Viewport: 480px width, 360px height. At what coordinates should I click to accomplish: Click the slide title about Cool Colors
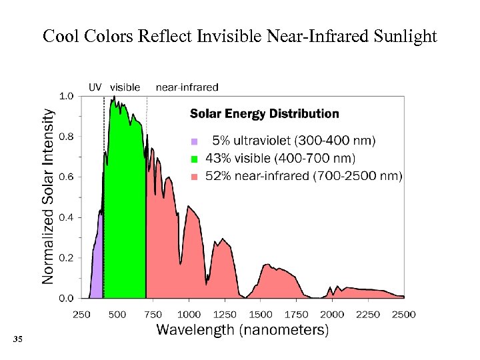pyautogui.click(x=240, y=36)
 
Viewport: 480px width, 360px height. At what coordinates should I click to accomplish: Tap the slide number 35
pyautogui.click(x=18, y=341)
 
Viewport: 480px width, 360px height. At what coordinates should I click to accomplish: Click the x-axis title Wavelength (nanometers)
pyautogui.click(x=242, y=330)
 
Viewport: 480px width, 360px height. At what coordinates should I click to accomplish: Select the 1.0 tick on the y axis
pyautogui.click(x=67, y=96)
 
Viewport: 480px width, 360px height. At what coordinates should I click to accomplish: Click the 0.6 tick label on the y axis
pyautogui.click(x=67, y=177)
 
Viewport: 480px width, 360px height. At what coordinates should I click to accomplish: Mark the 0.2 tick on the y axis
pyautogui.click(x=67, y=257)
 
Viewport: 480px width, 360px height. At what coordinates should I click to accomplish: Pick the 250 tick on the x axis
pyautogui.click(x=81, y=314)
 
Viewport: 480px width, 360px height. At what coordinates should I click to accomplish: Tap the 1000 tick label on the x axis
pyautogui.click(x=189, y=314)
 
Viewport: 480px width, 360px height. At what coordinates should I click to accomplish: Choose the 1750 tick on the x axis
pyautogui.click(x=297, y=314)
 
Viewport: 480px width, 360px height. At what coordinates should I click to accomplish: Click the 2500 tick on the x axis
pyautogui.click(x=403, y=314)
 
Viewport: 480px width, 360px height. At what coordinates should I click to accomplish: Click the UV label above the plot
pyautogui.click(x=96, y=87)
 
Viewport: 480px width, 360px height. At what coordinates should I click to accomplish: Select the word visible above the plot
pyautogui.click(x=125, y=87)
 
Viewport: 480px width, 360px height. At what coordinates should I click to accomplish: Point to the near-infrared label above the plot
pyautogui.click(x=187, y=87)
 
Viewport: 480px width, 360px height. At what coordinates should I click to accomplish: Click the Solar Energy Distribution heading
pyautogui.click(x=265, y=114)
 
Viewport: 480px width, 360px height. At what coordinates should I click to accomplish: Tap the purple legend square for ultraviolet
pyautogui.click(x=195, y=141)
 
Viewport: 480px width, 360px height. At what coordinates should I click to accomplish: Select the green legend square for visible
pyautogui.click(x=195, y=159)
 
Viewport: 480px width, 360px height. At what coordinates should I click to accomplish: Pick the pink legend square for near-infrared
pyautogui.click(x=195, y=177)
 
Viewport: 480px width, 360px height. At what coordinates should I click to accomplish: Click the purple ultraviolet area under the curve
pyautogui.click(x=97, y=267)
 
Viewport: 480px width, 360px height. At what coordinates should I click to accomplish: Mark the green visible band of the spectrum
pyautogui.click(x=125, y=213)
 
